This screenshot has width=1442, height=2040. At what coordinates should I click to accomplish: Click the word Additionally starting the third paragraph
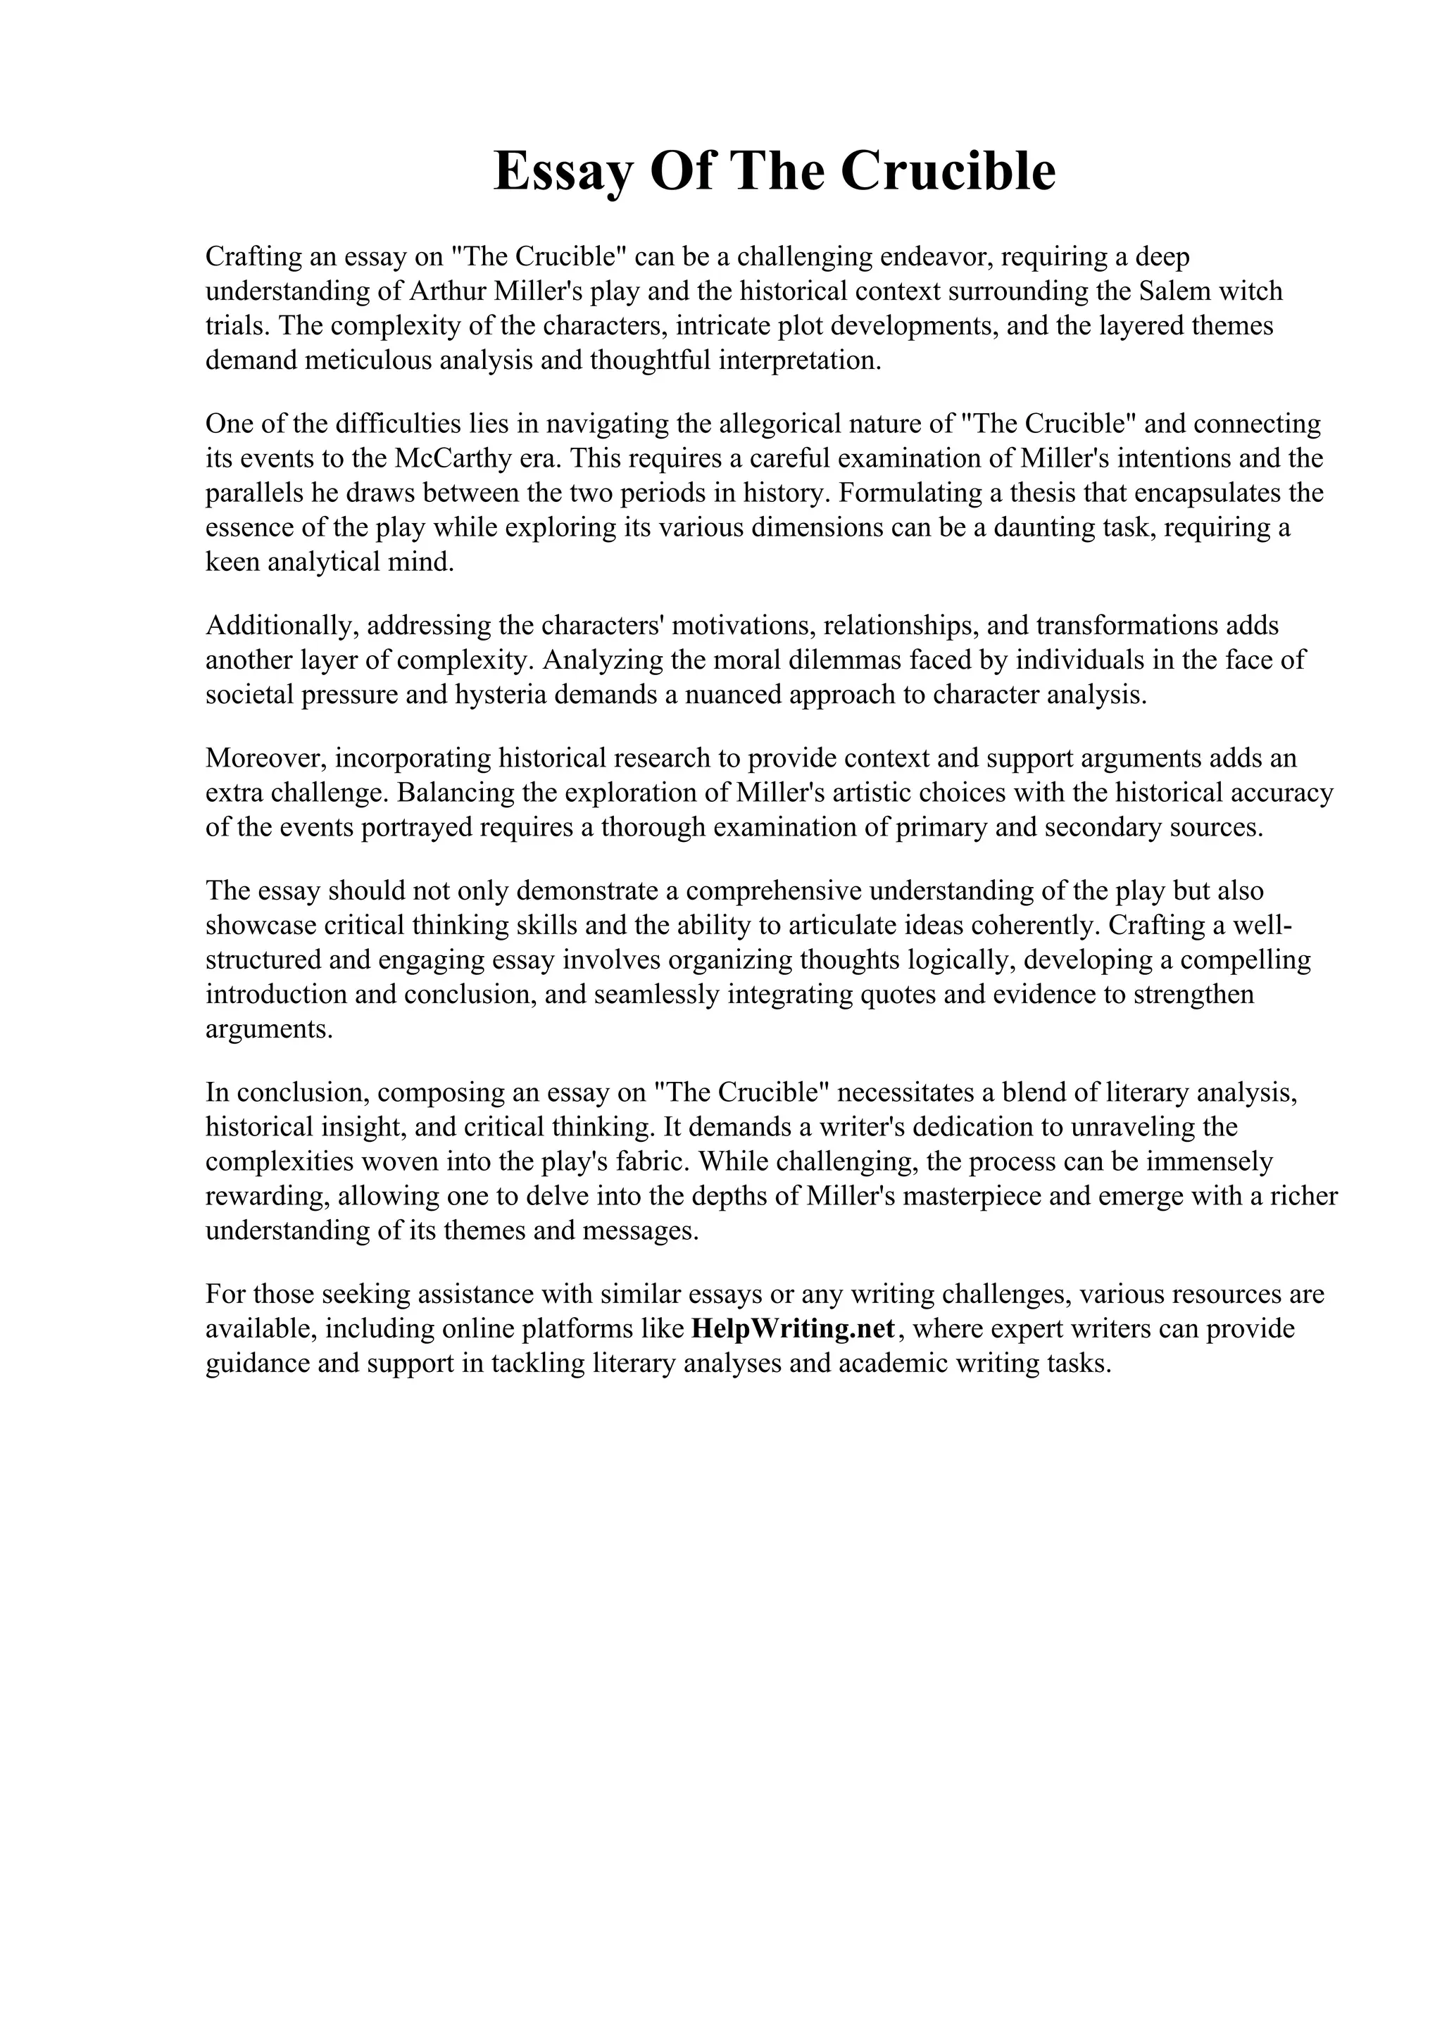(282, 626)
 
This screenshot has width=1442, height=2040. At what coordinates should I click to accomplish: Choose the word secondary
(1100, 827)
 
